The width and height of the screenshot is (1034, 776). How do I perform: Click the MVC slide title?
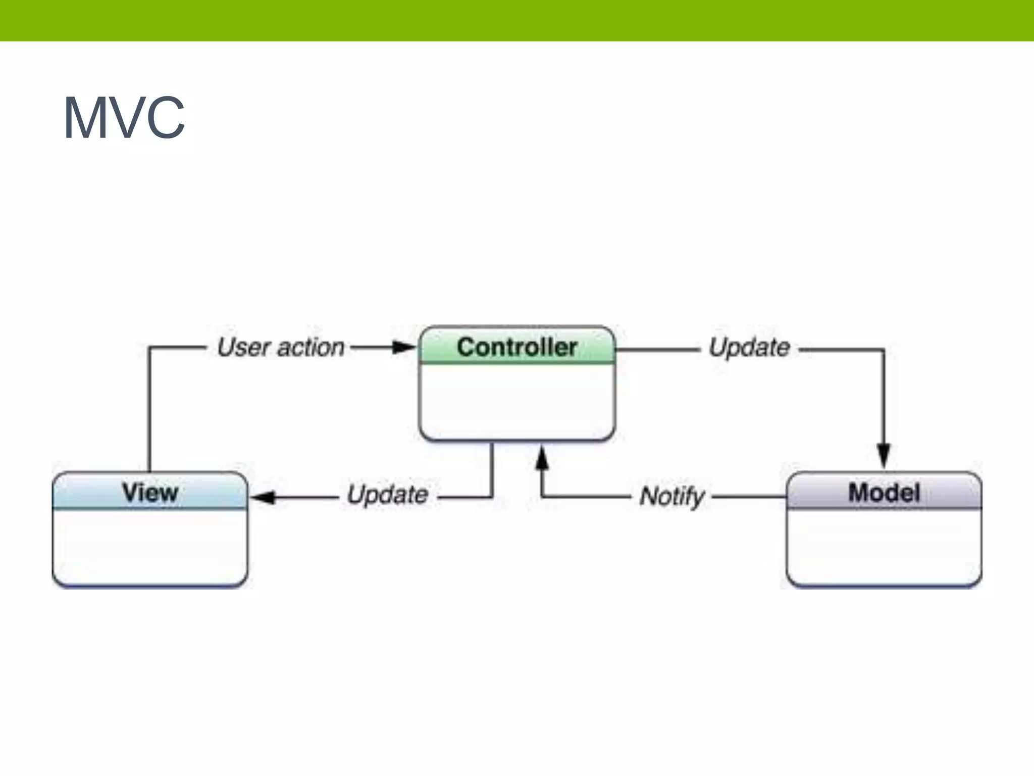tap(124, 118)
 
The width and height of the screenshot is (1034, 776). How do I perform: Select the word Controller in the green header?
tap(517, 347)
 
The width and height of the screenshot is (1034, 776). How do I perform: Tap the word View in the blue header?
tap(150, 492)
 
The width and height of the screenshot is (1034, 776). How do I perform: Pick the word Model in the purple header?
tap(884, 493)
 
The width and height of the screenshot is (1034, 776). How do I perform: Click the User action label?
tap(281, 348)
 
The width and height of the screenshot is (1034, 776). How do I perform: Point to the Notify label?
tap(671, 496)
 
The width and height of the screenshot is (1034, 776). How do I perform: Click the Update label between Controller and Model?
tap(749, 348)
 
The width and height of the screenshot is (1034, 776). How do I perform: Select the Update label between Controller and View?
tap(388, 495)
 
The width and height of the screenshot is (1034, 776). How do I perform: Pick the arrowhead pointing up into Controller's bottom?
tap(542, 459)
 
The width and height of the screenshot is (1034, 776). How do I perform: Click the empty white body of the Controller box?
tap(517, 402)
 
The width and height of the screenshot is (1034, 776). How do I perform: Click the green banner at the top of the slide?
tap(517, 20)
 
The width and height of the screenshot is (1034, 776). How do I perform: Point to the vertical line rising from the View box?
tap(149, 409)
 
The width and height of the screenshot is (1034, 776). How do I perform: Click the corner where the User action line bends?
tap(149, 348)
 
